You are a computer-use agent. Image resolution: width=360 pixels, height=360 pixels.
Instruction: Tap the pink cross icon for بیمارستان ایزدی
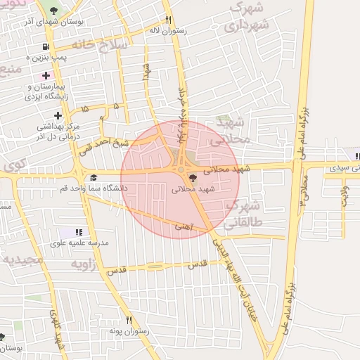(46, 75)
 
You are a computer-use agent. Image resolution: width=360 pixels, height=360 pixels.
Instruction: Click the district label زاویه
(83, 264)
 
